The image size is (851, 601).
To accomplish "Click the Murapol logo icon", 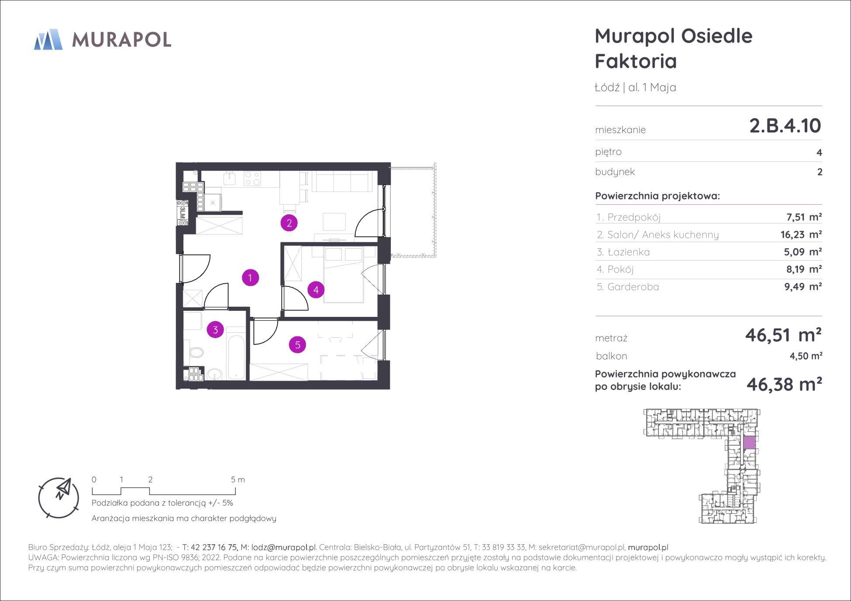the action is [x=48, y=39].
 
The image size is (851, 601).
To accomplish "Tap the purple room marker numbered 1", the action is [x=250, y=278].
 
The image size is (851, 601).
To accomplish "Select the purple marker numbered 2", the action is [x=289, y=223].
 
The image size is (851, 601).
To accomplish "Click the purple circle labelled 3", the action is [x=215, y=330].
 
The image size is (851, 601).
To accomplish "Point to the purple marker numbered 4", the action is [x=316, y=289].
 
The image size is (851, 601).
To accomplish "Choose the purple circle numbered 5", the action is [x=297, y=345].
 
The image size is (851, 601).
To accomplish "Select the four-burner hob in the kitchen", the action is [x=252, y=179].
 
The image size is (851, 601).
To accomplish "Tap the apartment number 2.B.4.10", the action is [x=785, y=126].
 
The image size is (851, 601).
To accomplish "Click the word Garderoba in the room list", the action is [x=633, y=287].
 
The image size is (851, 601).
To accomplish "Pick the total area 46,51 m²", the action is [x=783, y=335].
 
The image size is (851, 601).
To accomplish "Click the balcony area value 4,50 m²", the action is [x=806, y=356].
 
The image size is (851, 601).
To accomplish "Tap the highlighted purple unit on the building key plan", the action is [x=749, y=443].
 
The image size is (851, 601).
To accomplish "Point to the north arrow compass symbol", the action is [x=59, y=498].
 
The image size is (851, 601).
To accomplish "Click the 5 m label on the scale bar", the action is [x=238, y=480].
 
